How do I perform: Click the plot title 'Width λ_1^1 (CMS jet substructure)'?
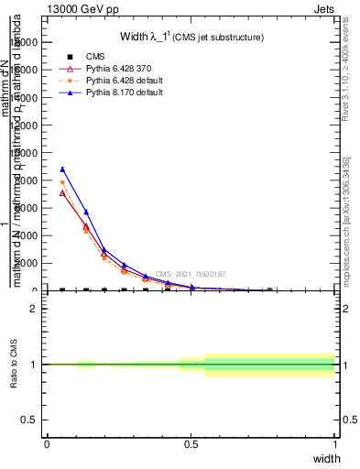click(x=192, y=38)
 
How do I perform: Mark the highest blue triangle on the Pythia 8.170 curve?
click(x=62, y=169)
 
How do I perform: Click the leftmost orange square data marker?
click(x=62, y=183)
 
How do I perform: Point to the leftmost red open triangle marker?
click(x=62, y=192)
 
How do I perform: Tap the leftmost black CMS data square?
click(x=62, y=290)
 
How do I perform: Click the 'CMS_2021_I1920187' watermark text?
click(x=190, y=274)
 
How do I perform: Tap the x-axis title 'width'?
click(x=326, y=457)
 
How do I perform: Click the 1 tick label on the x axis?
click(x=335, y=443)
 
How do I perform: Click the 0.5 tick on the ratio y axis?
click(x=30, y=420)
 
